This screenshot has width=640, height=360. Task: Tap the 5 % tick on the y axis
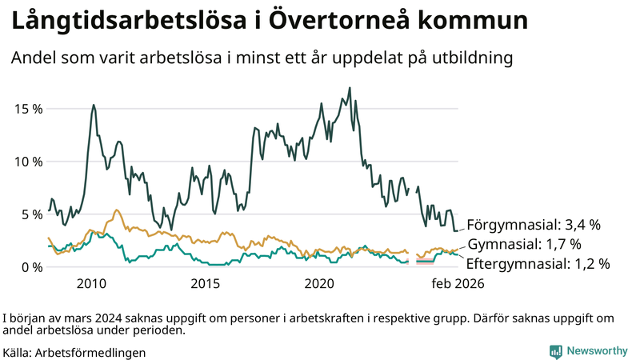click(30, 214)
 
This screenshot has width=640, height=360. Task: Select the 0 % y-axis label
click(30, 267)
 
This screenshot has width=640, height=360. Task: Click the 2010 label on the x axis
click(92, 284)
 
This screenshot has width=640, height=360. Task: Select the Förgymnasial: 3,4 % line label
click(534, 225)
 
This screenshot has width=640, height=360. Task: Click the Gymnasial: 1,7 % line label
click(524, 244)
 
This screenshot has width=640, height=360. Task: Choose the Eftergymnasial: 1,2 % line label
click(538, 263)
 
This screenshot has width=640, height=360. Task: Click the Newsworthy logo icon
click(555, 351)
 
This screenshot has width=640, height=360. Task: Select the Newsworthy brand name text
click(597, 351)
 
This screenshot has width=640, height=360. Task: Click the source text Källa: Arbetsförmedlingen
click(74, 352)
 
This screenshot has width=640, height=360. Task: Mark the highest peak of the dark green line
click(350, 88)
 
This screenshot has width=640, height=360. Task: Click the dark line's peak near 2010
click(94, 105)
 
